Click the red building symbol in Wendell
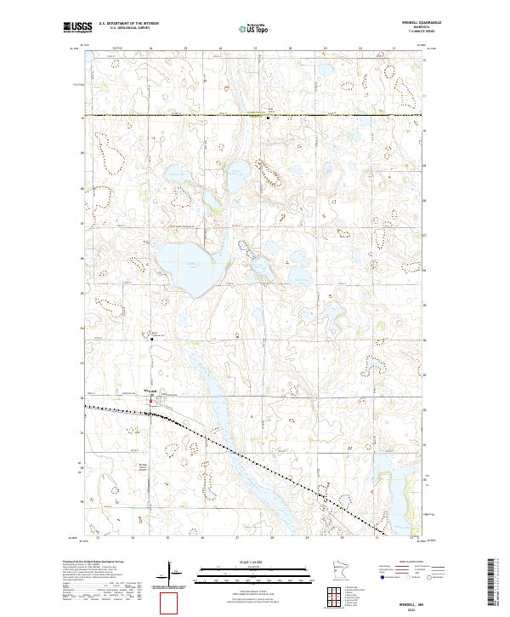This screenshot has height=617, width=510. pyautogui.click(x=152, y=398)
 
